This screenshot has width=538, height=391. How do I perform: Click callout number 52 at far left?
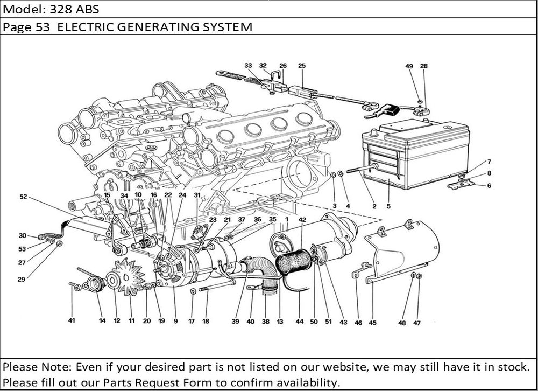point(23,197)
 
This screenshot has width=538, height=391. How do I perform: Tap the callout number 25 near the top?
point(302,66)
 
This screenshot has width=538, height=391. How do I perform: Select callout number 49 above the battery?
point(409,66)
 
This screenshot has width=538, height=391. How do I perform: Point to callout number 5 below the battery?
point(388,206)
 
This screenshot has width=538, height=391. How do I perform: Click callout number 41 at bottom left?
point(72,321)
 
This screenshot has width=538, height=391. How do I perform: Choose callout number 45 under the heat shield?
point(372,323)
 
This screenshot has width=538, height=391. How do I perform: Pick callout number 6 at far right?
point(489,186)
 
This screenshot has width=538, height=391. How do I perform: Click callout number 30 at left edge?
point(22,235)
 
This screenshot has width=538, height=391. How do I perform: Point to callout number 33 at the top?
point(248,66)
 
